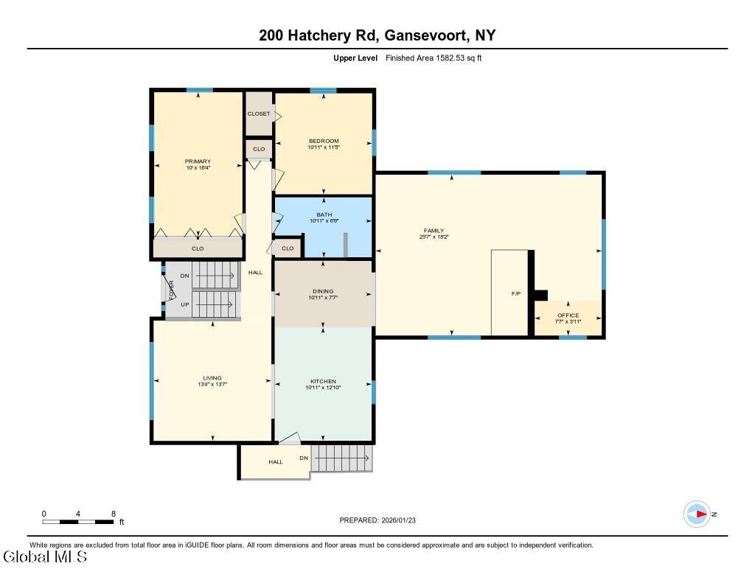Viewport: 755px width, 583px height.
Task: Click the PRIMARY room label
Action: coord(198,161)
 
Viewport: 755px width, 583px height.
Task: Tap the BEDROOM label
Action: coord(324,141)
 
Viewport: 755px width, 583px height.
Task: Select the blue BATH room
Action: coord(323,227)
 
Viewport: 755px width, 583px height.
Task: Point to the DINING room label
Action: coord(323,291)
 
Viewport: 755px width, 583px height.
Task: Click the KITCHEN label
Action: coord(323,381)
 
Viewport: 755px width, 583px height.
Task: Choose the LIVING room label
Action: coord(212,378)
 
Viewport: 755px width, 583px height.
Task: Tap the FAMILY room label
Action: coord(434,231)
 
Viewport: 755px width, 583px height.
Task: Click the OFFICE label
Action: coord(568,315)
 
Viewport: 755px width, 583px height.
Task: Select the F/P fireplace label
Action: coord(515,293)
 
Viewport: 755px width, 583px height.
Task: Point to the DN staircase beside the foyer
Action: coord(215,275)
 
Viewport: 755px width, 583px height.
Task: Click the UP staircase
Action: coord(215,304)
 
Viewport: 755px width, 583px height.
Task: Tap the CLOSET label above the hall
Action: coord(259,114)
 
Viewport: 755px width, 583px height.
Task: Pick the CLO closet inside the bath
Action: coord(288,248)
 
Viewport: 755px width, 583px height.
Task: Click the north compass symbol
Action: coord(697,514)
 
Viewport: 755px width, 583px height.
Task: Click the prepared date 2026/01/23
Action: coord(399,520)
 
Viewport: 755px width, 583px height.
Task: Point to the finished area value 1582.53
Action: coord(450,57)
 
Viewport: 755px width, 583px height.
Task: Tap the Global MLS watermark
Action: coord(45,557)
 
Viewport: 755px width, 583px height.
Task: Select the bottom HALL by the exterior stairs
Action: coord(276,461)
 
